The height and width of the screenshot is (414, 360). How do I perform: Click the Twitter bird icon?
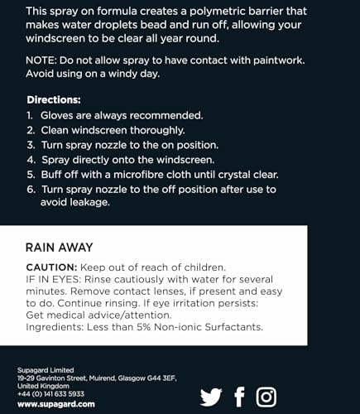pyautogui.click(x=211, y=397)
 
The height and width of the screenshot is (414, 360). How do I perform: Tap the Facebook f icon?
pyautogui.click(x=240, y=397)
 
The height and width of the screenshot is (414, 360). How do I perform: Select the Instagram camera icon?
pyautogui.click(x=266, y=397)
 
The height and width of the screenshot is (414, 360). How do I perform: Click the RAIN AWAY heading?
pyautogui.click(x=59, y=247)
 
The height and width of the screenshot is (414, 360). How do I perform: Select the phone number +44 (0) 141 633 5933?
pyautogui.click(x=51, y=394)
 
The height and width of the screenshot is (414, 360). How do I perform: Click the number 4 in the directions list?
pyautogui.click(x=32, y=157)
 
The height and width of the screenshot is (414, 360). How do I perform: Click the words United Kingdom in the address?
pyautogui.click(x=41, y=386)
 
